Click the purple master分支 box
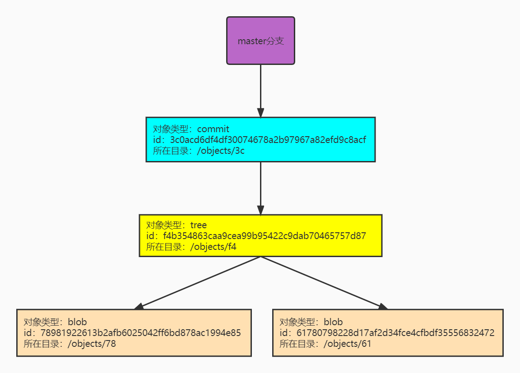260,41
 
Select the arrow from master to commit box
260,91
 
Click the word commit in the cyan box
213,129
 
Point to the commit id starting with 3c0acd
268,140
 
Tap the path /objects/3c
221,151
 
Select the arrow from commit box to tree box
260,189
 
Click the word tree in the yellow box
198,225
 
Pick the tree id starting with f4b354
265,236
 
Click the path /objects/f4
213,247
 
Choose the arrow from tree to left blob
198,283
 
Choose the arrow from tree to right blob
325,283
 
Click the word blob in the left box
77,322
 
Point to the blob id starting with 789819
141,333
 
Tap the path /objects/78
92,344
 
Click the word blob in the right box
333,322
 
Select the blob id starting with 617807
395,333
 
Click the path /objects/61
347,344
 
